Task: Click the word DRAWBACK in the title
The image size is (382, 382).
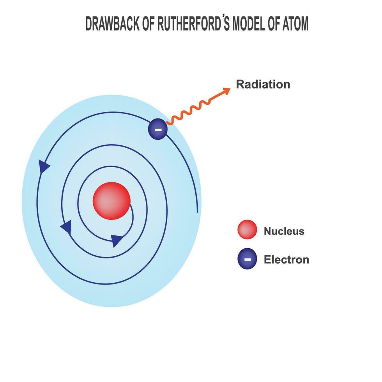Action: pos(112,24)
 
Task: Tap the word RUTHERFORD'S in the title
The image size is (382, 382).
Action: pos(193,23)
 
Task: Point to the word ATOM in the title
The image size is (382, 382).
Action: pos(295,24)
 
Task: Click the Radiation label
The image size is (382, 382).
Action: pos(263,85)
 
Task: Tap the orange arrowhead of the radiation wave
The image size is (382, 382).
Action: pos(226,90)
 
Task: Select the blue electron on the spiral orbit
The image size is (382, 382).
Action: pos(158,129)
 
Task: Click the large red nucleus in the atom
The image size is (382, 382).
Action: pos(111,201)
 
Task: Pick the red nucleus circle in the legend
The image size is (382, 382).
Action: pos(247,230)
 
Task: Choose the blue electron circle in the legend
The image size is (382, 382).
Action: pos(247,259)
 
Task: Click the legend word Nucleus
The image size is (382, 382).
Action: pos(284,231)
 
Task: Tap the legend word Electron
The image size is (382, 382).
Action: pos(286,260)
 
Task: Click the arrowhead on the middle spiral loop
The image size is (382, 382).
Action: pos(67,227)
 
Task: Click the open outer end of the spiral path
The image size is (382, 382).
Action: pos(197,212)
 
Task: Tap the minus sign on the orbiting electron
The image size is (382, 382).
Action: pos(158,130)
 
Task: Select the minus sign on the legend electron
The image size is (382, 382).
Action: pos(248,260)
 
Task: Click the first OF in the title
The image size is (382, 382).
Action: pos(149,24)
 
